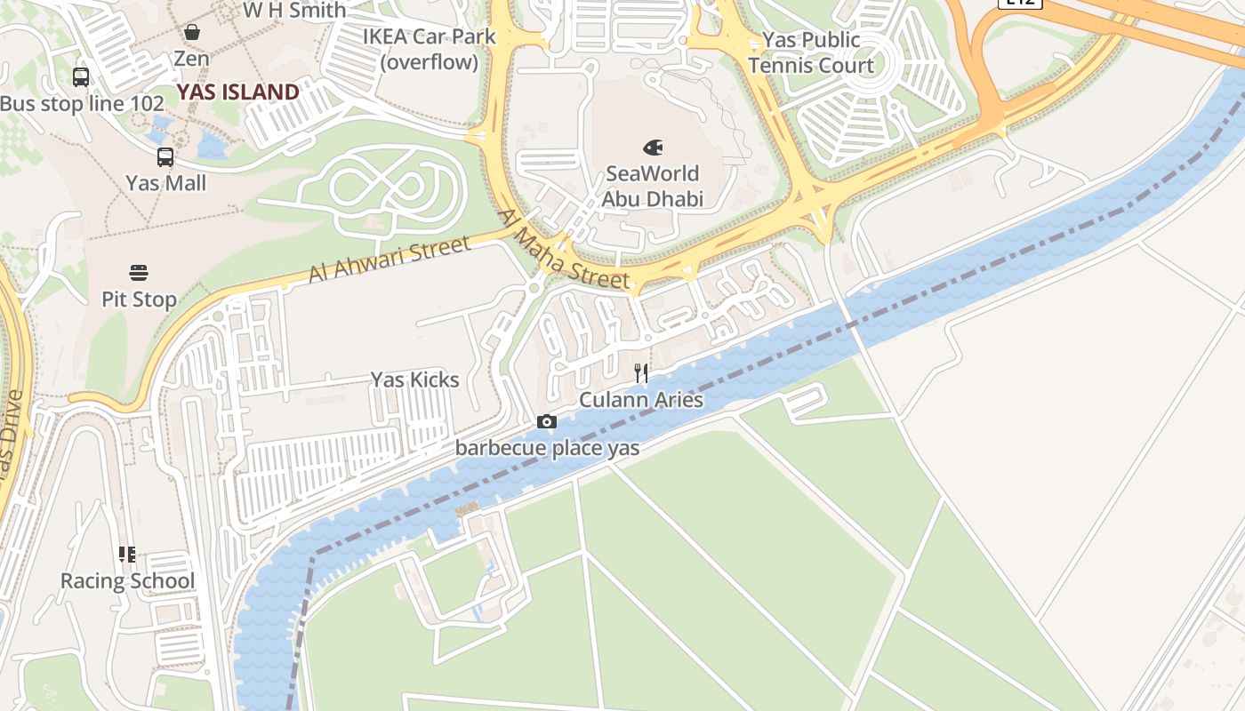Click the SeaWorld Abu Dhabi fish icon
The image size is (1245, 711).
pyautogui.click(x=653, y=148)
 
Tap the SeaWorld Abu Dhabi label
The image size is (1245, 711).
pyautogui.click(x=652, y=186)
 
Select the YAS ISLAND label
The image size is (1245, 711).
pyautogui.click(x=237, y=92)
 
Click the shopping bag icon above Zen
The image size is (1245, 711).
pyautogui.click(x=191, y=33)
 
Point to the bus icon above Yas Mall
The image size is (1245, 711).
pyautogui.click(x=165, y=157)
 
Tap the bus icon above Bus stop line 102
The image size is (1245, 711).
pyautogui.click(x=81, y=77)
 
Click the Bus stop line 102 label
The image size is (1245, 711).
pyautogui.click(x=82, y=103)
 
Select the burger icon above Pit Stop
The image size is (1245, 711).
pyautogui.click(x=139, y=272)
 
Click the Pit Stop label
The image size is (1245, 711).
pyautogui.click(x=139, y=300)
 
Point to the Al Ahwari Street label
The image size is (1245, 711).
pyautogui.click(x=389, y=260)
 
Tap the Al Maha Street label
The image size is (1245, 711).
pyautogui.click(x=564, y=249)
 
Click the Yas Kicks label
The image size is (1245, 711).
pyautogui.click(x=414, y=379)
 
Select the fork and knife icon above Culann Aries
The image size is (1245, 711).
pyautogui.click(x=641, y=373)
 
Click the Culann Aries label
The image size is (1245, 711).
pyautogui.click(x=641, y=400)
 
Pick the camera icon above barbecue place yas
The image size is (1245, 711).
pyautogui.click(x=547, y=421)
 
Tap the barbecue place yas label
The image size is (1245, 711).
pyautogui.click(x=547, y=448)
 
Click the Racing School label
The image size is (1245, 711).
pyautogui.click(x=127, y=581)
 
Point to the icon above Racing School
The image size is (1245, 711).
pyautogui.click(x=127, y=555)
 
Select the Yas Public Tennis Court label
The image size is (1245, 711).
pyautogui.click(x=811, y=52)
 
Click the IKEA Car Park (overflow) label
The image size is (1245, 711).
pyautogui.click(x=430, y=50)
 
